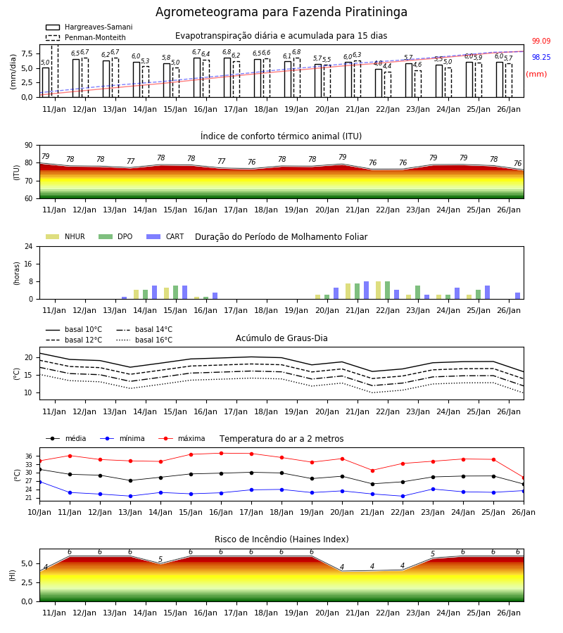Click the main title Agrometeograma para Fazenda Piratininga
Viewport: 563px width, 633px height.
click(281, 12)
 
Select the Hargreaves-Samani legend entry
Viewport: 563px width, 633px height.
click(89, 27)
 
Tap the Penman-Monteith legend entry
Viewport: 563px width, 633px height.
click(86, 37)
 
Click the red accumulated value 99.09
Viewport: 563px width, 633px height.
click(541, 41)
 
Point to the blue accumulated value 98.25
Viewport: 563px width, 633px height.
click(541, 57)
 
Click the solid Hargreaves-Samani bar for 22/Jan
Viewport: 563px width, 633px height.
click(379, 83)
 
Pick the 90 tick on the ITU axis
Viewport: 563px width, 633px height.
click(29, 146)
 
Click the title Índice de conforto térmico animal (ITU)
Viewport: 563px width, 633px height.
click(281, 136)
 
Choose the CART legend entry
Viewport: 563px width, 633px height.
click(165, 236)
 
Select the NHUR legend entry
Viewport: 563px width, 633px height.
click(65, 236)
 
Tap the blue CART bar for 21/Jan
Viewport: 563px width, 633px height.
click(367, 290)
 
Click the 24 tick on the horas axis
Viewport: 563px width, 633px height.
click(29, 246)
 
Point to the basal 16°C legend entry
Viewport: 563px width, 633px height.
click(144, 340)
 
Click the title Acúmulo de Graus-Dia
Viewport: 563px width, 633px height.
click(281, 338)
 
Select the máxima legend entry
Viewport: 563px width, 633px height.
click(182, 438)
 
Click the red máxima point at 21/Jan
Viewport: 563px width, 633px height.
click(372, 471)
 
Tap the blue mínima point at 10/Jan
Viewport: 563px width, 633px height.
click(40, 482)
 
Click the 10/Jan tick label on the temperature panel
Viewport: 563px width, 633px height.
click(39, 512)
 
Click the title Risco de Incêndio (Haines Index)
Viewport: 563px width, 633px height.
click(281, 539)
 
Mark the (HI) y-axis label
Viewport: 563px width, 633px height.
click(12, 575)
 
